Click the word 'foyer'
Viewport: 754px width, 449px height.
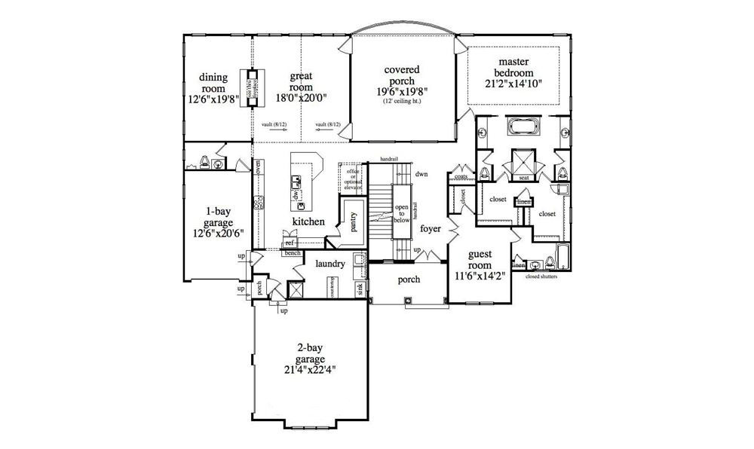click(430, 228)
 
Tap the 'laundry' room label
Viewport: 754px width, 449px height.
click(330, 264)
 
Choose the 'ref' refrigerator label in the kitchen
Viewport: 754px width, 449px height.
click(289, 243)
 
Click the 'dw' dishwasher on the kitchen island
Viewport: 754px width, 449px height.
click(296, 194)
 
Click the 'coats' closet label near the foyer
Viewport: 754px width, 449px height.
click(462, 177)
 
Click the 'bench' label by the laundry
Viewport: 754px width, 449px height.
click(293, 252)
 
